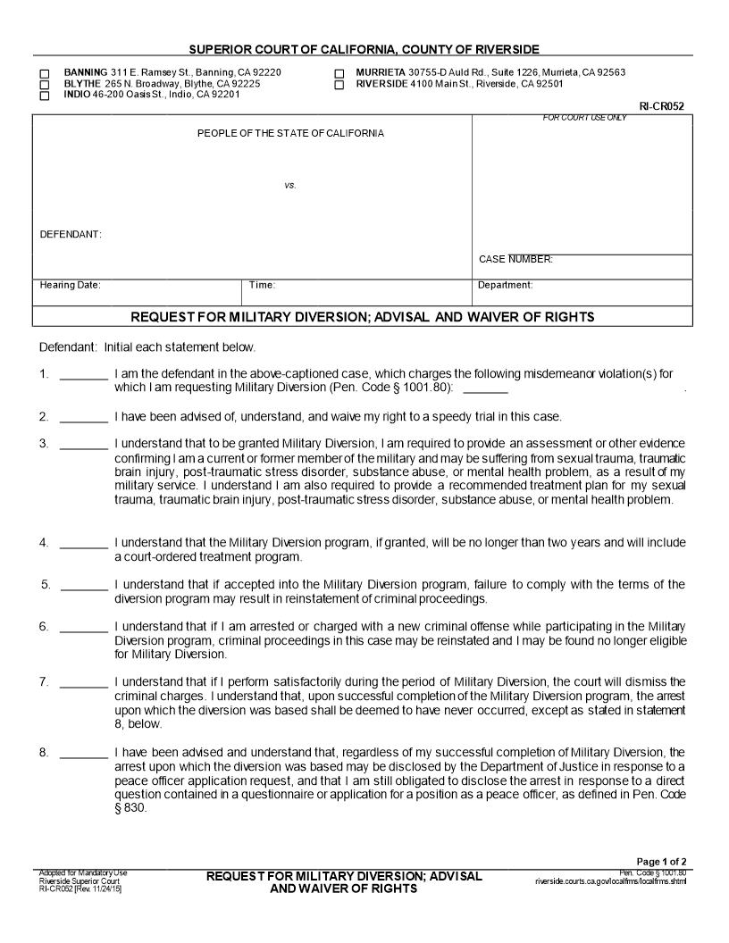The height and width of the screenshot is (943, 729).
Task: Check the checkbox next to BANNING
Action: click(x=45, y=72)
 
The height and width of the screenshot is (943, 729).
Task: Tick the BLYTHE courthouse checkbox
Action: click(x=45, y=84)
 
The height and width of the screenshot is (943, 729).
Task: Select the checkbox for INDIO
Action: click(x=45, y=96)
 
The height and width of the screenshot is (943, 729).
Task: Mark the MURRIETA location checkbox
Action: click(x=339, y=73)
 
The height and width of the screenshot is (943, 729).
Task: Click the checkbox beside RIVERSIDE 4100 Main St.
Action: click(x=339, y=85)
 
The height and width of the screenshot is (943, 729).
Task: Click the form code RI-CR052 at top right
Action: click(x=661, y=106)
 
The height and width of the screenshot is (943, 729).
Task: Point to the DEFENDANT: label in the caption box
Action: click(x=71, y=235)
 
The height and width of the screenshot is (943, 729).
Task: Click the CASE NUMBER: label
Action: click(x=515, y=260)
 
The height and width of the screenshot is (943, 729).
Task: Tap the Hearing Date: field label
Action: click(x=71, y=286)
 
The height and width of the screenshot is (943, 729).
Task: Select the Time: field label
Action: click(x=262, y=286)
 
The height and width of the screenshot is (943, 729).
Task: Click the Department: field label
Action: click(x=505, y=286)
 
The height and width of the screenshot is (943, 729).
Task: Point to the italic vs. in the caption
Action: click(x=289, y=186)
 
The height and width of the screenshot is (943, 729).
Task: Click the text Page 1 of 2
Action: click(x=661, y=862)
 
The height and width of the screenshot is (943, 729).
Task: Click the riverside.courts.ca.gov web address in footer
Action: click(x=611, y=881)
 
